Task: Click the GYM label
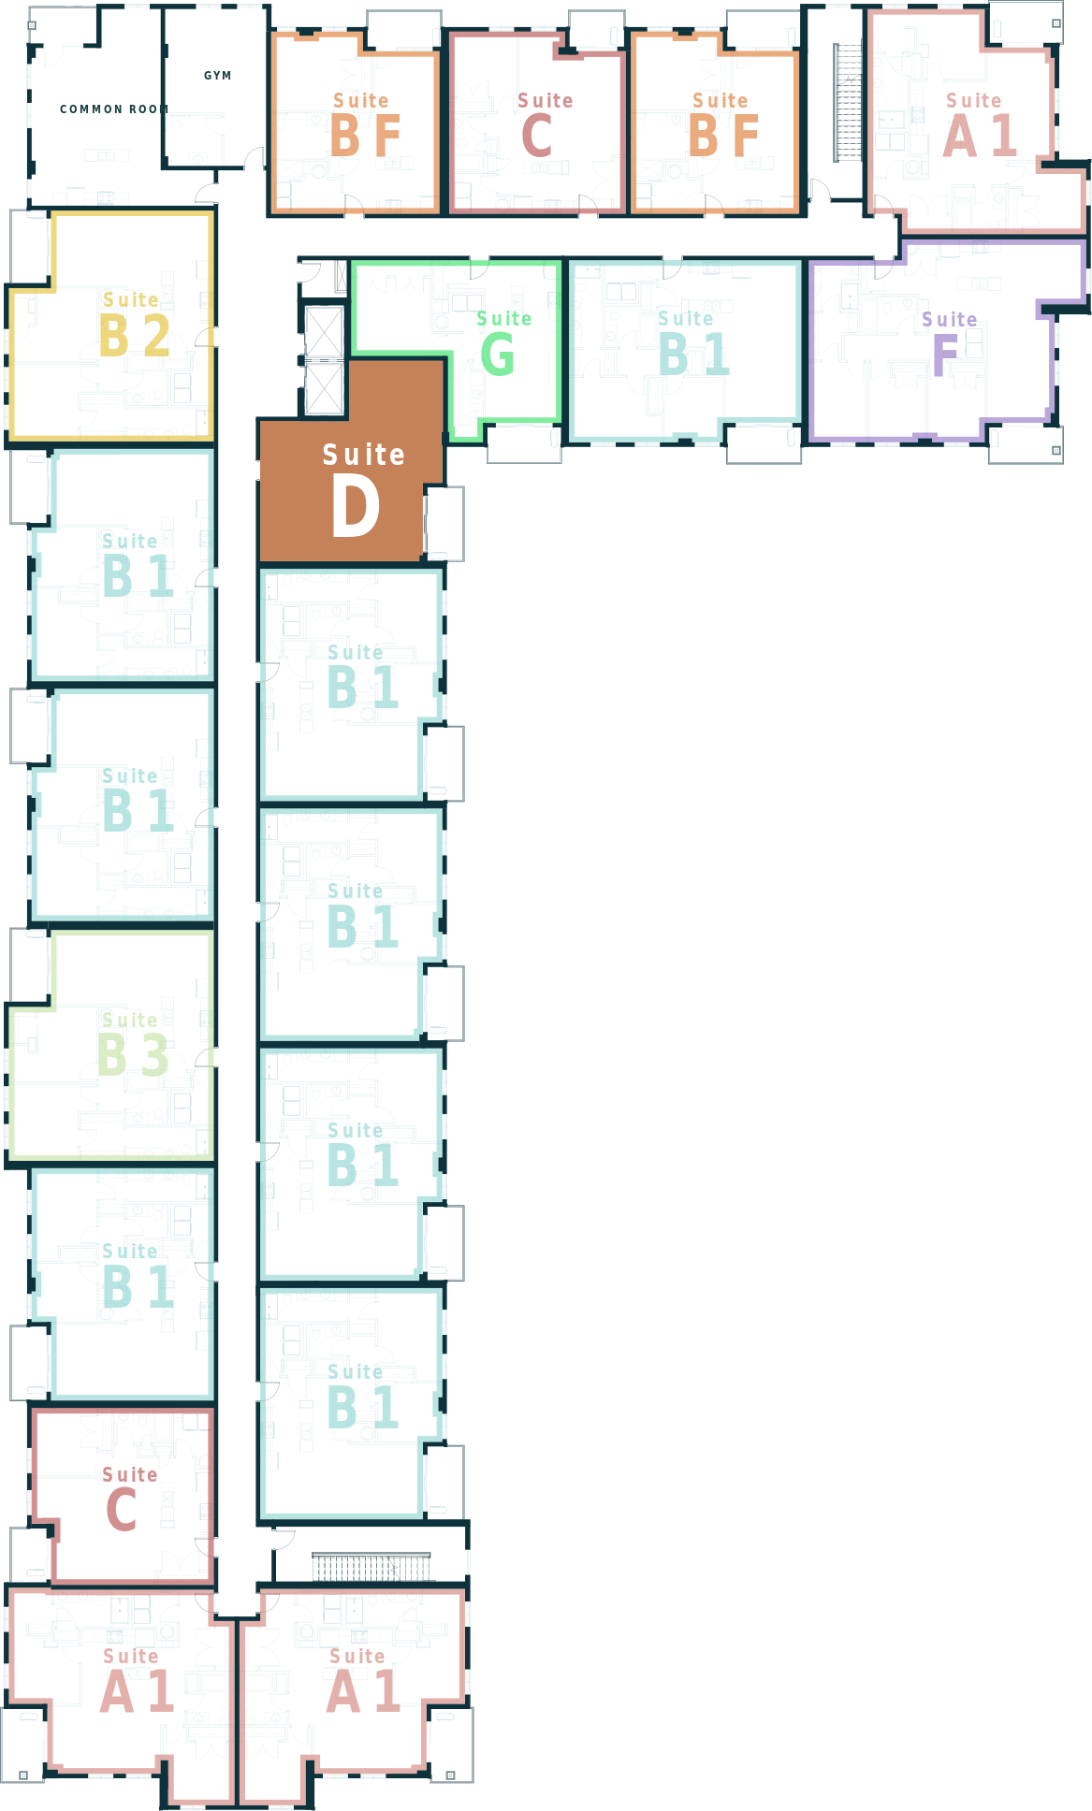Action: pyautogui.click(x=218, y=76)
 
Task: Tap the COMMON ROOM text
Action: pyautogui.click(x=114, y=109)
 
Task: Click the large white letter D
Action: pyautogui.click(x=356, y=506)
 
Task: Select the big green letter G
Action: pyautogui.click(x=498, y=355)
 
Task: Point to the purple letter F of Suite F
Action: pyautogui.click(x=945, y=355)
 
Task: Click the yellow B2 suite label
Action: pyautogui.click(x=135, y=336)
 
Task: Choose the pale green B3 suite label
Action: pyautogui.click(x=133, y=1055)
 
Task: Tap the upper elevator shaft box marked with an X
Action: pyautogui.click(x=325, y=331)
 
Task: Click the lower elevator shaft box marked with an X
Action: pyautogui.click(x=325, y=387)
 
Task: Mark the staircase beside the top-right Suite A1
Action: pyautogui.click(x=848, y=103)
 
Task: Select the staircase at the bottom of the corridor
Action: pyautogui.click(x=371, y=1567)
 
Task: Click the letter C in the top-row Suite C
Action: pyautogui.click(x=537, y=136)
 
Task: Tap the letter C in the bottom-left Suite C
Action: pyautogui.click(x=122, y=1510)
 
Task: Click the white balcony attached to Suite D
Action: pyautogui.click(x=444, y=524)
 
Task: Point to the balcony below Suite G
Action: pyautogui.click(x=524, y=443)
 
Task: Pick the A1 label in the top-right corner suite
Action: pyautogui.click(x=980, y=136)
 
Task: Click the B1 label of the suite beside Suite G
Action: pyautogui.click(x=693, y=355)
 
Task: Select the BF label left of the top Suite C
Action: pyautogui.click(x=366, y=136)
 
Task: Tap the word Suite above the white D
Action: pyautogui.click(x=364, y=455)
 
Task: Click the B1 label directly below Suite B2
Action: pyautogui.click(x=138, y=576)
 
